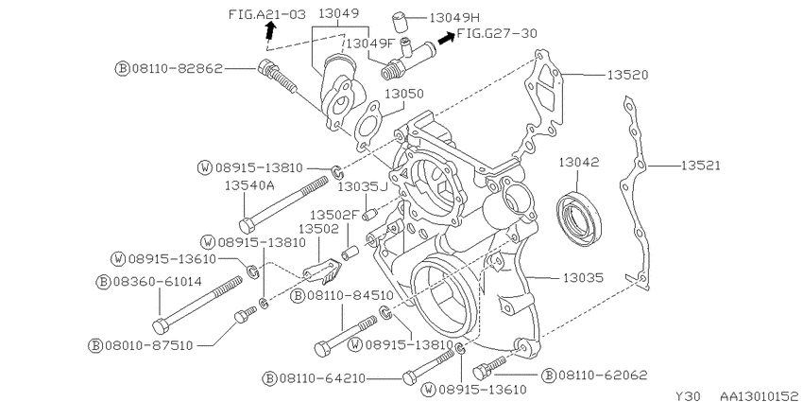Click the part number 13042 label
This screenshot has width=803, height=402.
click(x=578, y=163)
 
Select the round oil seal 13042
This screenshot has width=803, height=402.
click(x=579, y=217)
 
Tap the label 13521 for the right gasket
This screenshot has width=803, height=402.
click(x=700, y=166)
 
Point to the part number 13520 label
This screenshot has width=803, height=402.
click(x=628, y=75)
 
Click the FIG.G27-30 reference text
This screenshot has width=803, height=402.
click(x=497, y=34)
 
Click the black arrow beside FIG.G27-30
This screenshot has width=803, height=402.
click(x=446, y=38)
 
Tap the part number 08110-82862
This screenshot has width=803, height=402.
click(x=178, y=68)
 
